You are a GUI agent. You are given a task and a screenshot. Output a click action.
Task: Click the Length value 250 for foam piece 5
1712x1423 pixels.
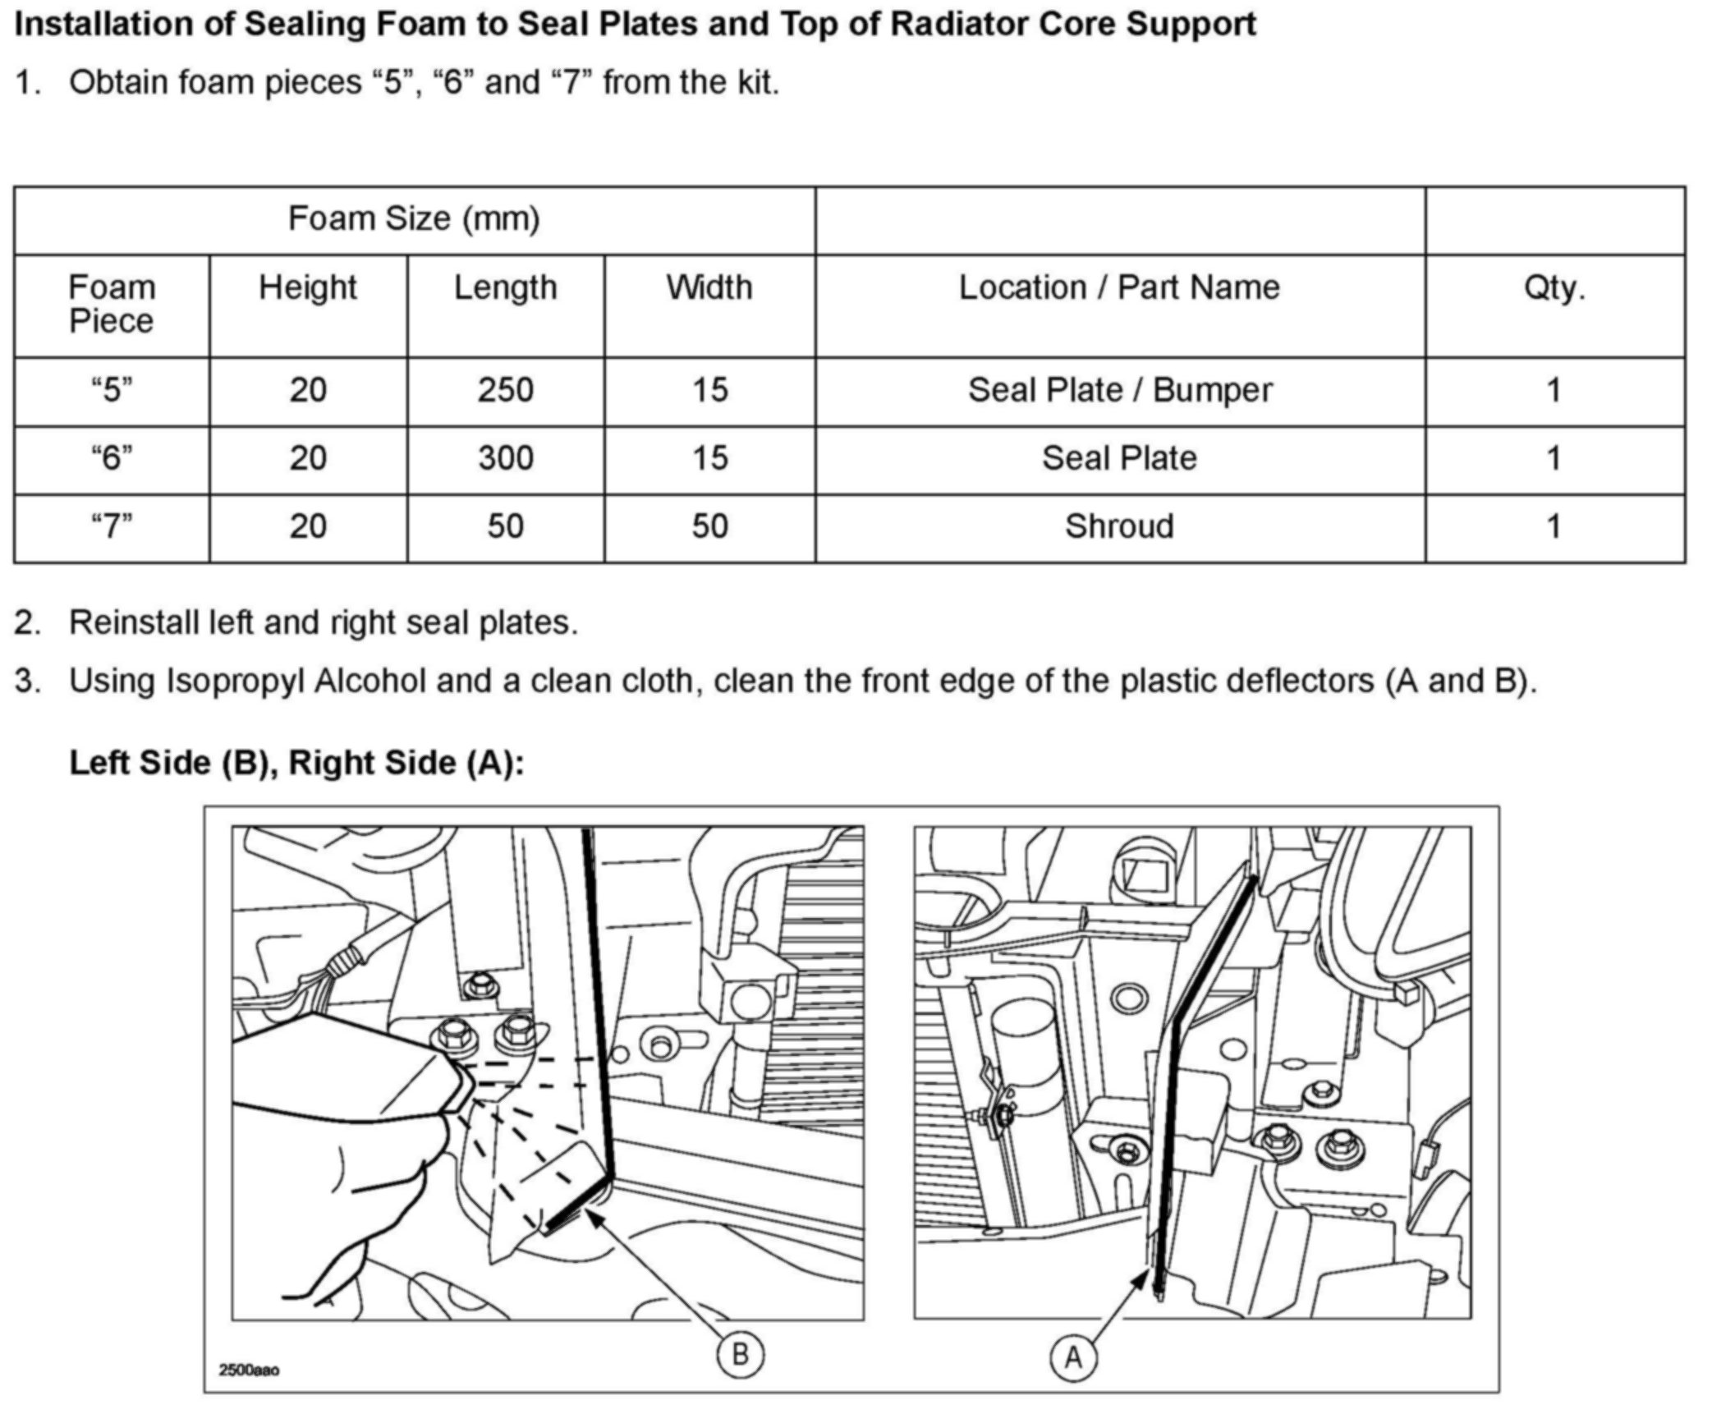coord(505,390)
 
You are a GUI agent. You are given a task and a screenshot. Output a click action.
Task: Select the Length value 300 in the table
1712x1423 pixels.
coord(505,458)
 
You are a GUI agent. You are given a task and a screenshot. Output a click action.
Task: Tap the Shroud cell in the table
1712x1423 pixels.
coord(1119,526)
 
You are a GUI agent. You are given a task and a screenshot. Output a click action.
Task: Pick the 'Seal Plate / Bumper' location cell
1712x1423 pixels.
coord(1120,390)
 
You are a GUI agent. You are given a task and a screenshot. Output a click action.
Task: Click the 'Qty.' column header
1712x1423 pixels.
coord(1554,288)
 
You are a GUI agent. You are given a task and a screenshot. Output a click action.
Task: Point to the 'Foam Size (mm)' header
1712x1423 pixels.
coord(414,219)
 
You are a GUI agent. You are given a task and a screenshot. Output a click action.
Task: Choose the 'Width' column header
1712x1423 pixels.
coord(709,288)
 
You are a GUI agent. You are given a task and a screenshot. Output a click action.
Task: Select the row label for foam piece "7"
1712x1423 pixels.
coord(112,526)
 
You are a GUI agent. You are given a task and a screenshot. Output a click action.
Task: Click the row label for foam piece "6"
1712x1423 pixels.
coord(112,458)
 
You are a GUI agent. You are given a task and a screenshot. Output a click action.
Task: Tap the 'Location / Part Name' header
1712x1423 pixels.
coord(1119,288)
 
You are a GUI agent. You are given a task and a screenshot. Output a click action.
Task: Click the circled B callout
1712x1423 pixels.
coord(740,1354)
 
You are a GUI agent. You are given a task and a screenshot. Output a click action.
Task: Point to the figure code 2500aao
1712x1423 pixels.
coord(249,1370)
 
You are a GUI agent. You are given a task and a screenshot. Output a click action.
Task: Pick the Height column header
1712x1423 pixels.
coord(308,288)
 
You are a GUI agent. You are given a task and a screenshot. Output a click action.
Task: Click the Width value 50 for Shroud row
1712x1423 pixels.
coord(709,526)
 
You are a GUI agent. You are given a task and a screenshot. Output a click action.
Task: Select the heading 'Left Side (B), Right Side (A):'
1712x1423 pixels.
coord(296,763)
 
